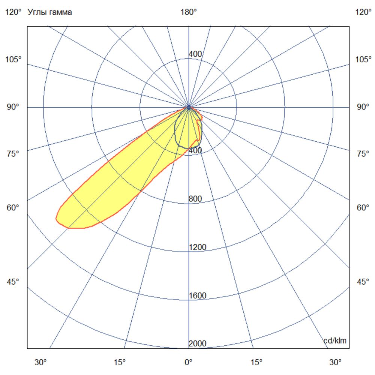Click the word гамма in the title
click(x=60, y=12)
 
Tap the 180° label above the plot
click(x=189, y=12)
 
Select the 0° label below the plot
click(x=188, y=363)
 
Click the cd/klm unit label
click(x=335, y=341)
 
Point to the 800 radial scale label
click(x=195, y=199)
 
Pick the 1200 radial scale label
click(x=197, y=247)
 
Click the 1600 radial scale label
click(x=197, y=295)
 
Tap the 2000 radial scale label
click(x=197, y=344)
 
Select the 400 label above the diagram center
click(x=195, y=54)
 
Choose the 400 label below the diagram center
click(x=195, y=150)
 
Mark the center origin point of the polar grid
click(x=188, y=108)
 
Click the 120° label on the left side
click(x=13, y=12)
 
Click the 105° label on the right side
click(x=363, y=60)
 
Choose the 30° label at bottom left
click(x=41, y=363)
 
